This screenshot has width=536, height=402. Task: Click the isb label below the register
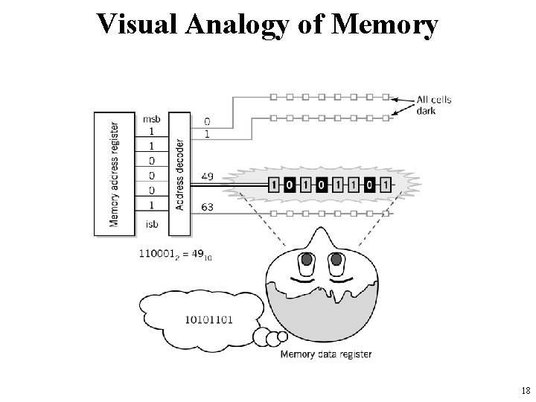point(150,224)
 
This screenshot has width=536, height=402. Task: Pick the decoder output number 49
point(208,176)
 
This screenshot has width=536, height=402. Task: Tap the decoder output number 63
point(208,207)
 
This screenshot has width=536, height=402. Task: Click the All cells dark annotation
point(434,105)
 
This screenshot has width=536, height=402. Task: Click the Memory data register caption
point(325,354)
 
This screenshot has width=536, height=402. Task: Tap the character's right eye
point(336,261)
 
